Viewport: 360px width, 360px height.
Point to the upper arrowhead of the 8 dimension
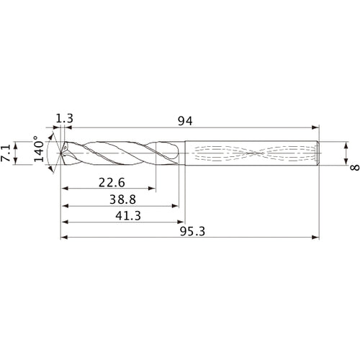[x=347, y=144]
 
